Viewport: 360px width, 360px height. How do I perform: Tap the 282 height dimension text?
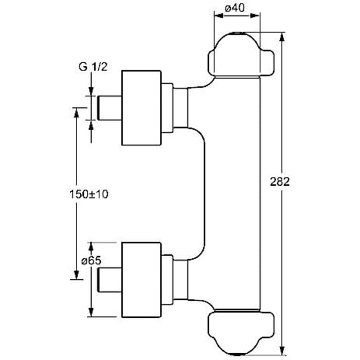click(x=280, y=182)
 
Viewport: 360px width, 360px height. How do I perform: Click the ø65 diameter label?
click(x=91, y=261)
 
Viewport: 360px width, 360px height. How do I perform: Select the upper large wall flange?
click(x=141, y=107)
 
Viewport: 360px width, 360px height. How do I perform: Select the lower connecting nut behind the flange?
click(x=168, y=278)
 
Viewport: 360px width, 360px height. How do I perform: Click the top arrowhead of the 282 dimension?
click(x=282, y=37)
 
